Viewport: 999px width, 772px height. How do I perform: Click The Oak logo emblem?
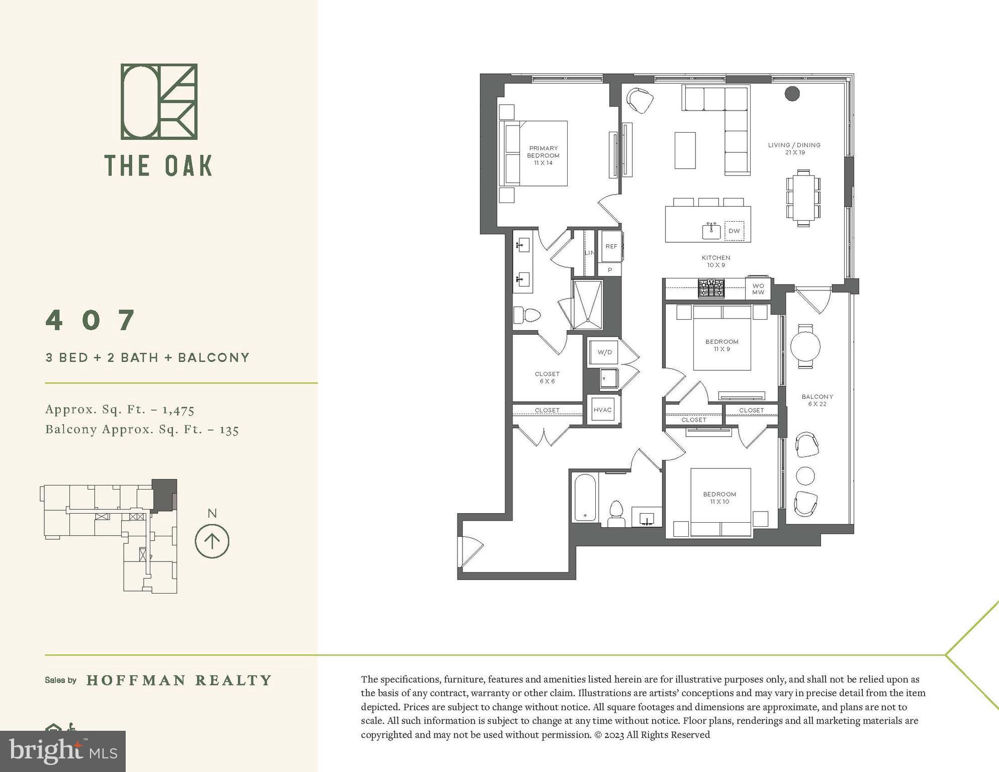coord(159,102)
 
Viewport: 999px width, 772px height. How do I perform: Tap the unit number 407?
coord(91,320)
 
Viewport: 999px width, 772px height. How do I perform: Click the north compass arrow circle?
coord(212,541)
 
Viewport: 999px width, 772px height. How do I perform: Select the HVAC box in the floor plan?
coord(602,410)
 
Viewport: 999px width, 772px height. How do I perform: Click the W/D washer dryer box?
coord(604,352)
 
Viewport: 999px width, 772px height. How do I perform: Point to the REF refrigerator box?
coord(611,246)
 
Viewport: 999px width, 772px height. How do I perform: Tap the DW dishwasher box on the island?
coord(734,231)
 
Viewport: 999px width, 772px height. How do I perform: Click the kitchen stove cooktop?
coord(711,288)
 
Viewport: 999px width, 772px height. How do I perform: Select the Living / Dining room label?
coord(794,148)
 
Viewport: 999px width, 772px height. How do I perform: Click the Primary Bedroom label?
coord(543,155)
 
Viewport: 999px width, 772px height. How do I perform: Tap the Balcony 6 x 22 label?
coord(817,400)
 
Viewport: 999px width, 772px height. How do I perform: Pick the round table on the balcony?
coord(805,346)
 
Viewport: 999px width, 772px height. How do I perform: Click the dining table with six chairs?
coord(803,198)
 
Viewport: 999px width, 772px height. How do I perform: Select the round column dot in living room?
coord(792,93)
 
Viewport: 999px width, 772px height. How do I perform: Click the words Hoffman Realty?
coord(179,680)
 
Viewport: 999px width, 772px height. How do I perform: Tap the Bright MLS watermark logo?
coord(63,751)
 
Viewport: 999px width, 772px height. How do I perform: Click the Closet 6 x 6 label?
coord(547,377)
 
